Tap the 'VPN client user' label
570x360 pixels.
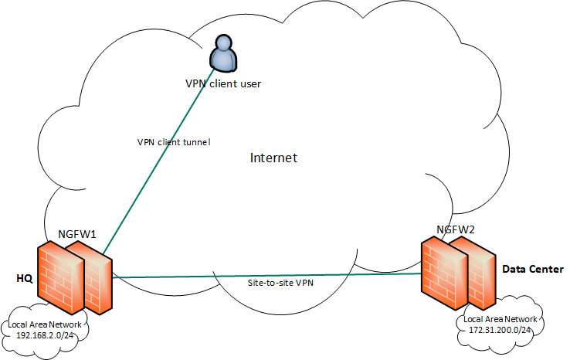coord(223,83)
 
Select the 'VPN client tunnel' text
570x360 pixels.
coord(173,142)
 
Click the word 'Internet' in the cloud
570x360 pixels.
coord(273,158)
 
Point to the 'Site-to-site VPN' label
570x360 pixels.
coord(280,283)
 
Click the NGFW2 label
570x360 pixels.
coord(456,229)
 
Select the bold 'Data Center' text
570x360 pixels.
coord(533,269)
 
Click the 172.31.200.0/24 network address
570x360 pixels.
coord(500,329)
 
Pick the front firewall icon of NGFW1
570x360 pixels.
coord(59,274)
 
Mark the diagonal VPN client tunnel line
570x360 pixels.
coord(162,155)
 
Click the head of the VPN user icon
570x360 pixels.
coord(223,43)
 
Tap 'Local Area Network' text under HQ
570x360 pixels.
coord(45,325)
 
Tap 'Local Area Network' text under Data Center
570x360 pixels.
coord(500,318)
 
